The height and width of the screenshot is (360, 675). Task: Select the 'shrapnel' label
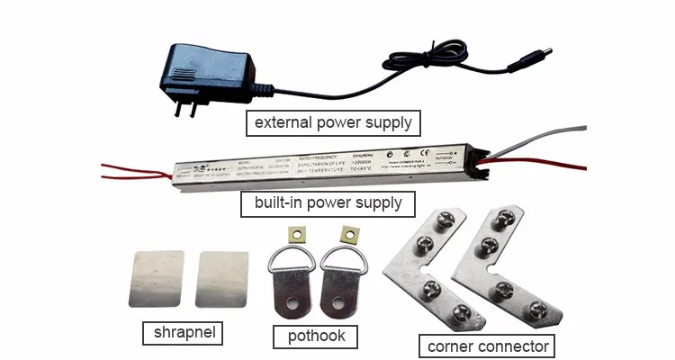(182, 334)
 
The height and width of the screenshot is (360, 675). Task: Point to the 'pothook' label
(316, 337)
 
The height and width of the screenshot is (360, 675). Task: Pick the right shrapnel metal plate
(221, 280)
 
